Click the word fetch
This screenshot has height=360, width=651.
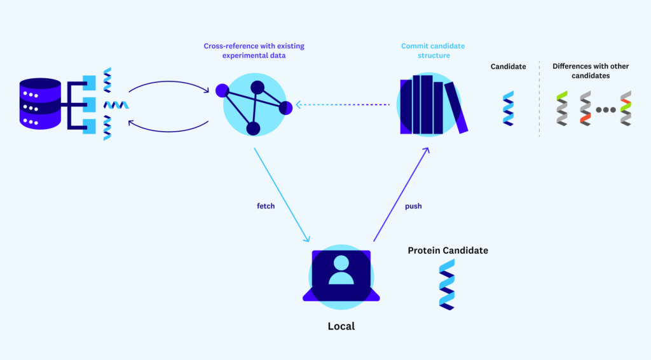pos(266,206)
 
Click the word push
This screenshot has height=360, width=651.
pos(413,206)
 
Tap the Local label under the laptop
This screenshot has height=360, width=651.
pos(341,326)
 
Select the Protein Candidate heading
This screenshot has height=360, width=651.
pos(448,251)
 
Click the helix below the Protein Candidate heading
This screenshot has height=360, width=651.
pos(447,284)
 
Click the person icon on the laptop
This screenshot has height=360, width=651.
pos(341,270)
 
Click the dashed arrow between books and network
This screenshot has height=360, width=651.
pos(343,105)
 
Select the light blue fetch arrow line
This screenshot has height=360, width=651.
pos(282,195)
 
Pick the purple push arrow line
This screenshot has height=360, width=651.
pos(401,194)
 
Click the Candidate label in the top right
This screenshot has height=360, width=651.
pos(508,66)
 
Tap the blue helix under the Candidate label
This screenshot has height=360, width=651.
pos(508,108)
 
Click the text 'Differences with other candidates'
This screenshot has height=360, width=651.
pos(581,71)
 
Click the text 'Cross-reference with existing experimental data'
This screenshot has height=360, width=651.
pos(245,51)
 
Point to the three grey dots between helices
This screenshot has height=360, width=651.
pos(605,109)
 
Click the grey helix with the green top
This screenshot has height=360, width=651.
pos(562,108)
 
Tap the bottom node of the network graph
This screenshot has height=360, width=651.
pos(253,129)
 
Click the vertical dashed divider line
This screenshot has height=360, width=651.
pos(539,99)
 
